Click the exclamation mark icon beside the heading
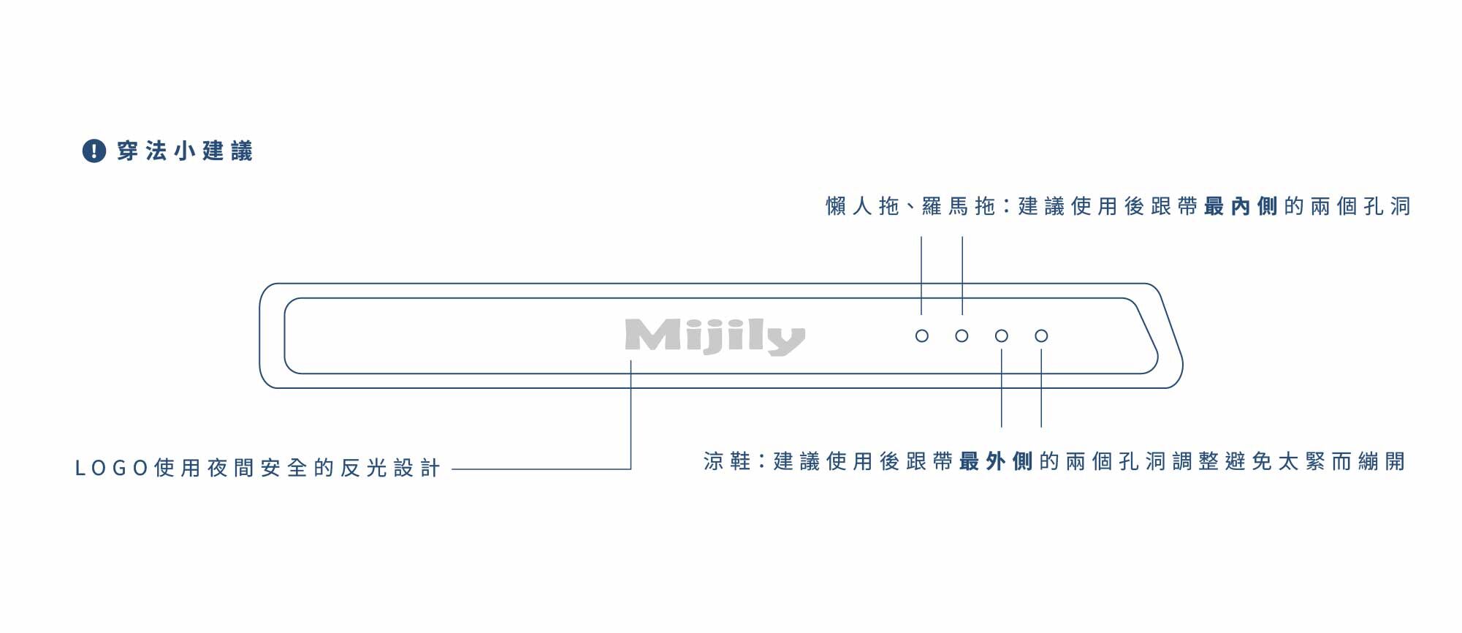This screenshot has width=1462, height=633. tap(94, 151)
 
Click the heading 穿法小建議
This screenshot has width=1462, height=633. tap(185, 151)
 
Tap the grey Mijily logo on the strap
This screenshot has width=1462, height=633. tap(715, 337)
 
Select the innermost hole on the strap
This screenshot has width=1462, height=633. tap(922, 336)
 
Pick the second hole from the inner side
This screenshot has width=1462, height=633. tap(962, 336)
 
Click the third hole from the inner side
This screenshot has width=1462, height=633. tap(1002, 336)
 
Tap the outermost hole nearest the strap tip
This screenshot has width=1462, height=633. tap(1041, 336)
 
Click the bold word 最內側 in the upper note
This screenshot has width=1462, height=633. tap(1241, 207)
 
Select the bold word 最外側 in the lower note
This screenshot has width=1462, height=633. tap(996, 461)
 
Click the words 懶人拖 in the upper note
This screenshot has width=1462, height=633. tap(862, 207)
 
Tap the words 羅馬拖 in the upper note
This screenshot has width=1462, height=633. tap(959, 207)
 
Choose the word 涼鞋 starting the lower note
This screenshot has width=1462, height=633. tap(728, 461)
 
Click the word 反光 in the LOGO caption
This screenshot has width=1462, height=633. tap(364, 468)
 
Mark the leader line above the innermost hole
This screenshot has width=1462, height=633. tap(921, 276)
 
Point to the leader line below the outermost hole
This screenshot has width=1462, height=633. tap(1041, 388)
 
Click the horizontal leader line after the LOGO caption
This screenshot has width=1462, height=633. tap(541, 469)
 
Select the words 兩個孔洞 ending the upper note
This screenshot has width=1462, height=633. tap(1360, 207)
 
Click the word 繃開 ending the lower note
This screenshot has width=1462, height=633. tap(1382, 461)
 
